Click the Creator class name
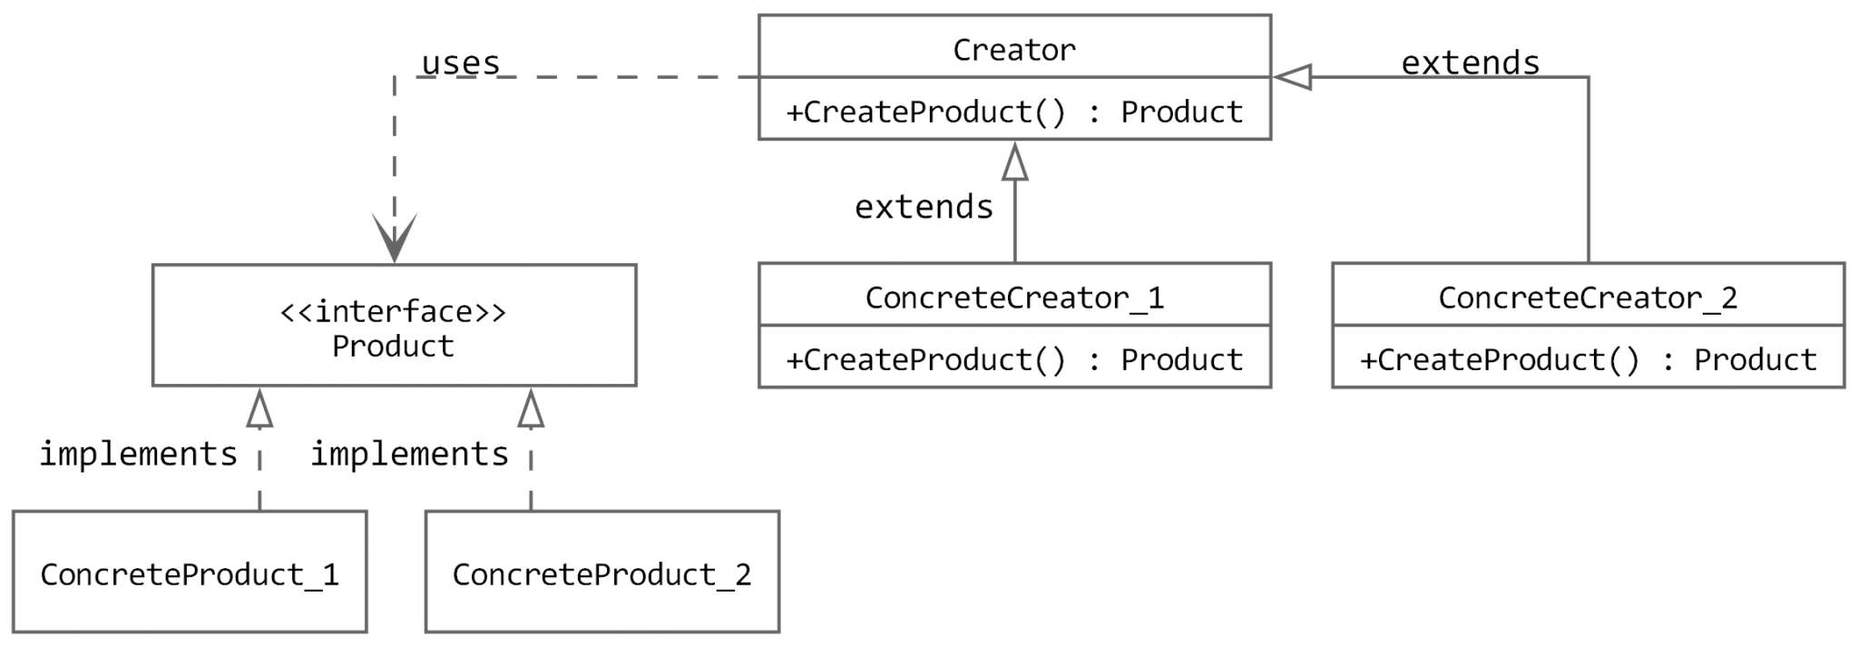(x=1013, y=49)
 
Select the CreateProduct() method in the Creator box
(x=1013, y=112)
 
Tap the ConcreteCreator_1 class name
(x=1013, y=298)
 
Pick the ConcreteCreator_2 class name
(x=1588, y=298)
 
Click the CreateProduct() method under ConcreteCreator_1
(x=1013, y=360)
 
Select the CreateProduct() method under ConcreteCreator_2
(x=1588, y=360)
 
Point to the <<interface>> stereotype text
(x=393, y=311)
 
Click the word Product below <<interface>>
(x=393, y=346)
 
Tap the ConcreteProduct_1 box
(x=190, y=572)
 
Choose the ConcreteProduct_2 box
(x=601, y=572)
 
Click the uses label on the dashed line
(x=461, y=63)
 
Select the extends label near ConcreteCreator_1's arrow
(x=924, y=207)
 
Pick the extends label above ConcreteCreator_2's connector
(x=1470, y=63)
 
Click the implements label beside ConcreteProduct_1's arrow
(x=138, y=453)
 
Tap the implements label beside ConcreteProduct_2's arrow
(x=409, y=453)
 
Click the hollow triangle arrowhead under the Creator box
(x=1014, y=162)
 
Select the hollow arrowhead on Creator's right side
(x=1293, y=77)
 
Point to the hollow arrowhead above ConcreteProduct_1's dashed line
(x=259, y=409)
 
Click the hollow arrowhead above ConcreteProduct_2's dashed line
(x=531, y=409)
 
